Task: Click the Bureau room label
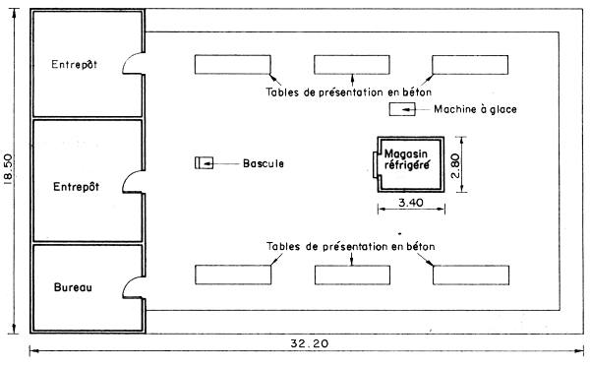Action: pos(73,288)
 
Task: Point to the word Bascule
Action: pos(264,163)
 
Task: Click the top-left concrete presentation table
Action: pos(232,65)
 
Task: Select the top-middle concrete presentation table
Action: pos(351,65)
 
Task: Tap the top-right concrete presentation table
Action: pos(470,65)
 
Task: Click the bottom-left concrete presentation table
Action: pos(232,274)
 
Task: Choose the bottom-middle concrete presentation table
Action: pos(351,274)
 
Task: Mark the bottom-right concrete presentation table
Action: pos(470,274)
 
